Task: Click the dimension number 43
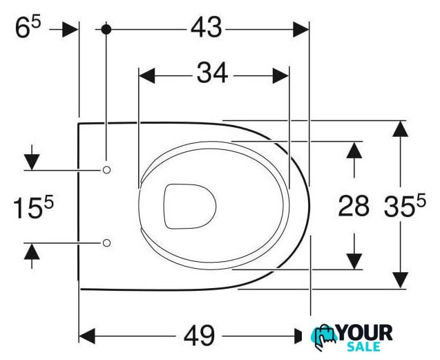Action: [207, 28]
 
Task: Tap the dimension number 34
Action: [213, 73]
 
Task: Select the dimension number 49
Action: [199, 335]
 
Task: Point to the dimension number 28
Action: [354, 206]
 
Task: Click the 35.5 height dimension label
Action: [405, 206]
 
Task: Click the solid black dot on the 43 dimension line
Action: [106, 29]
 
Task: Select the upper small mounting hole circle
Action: [106, 170]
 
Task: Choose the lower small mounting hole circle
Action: [106, 243]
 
